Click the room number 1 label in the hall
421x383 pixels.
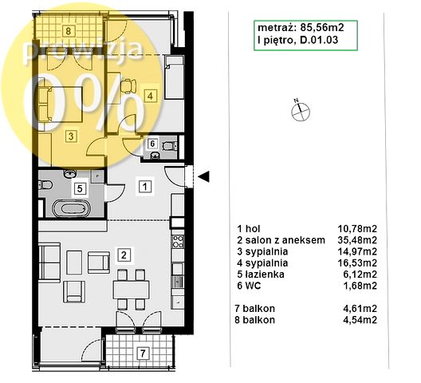[145, 186]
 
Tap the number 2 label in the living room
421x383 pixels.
[124, 255]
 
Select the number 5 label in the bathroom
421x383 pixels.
[80, 188]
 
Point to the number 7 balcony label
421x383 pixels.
[143, 353]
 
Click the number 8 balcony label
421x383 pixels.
[69, 31]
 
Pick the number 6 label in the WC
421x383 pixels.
[152, 144]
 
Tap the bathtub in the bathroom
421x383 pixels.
[71, 208]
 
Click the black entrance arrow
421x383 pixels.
[204, 176]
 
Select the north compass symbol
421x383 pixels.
[300, 110]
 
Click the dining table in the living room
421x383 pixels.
[132, 290]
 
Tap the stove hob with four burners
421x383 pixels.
[178, 241]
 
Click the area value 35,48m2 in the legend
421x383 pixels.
[357, 239]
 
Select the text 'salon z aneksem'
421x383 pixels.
[285, 239]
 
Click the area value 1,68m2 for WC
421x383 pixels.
[360, 286]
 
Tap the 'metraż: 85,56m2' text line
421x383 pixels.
[301, 27]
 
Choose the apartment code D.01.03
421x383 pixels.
[319, 40]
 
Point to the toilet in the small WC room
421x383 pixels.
[169, 146]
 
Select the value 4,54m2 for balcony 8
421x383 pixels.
[360, 320]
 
